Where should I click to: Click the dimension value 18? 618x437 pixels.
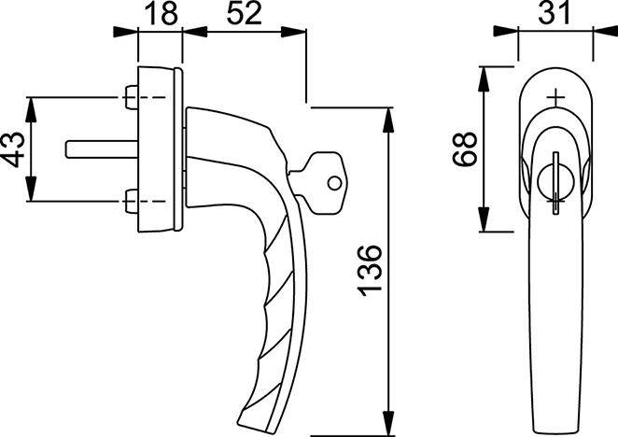[x=160, y=15]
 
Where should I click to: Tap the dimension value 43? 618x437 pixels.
[x=11, y=148]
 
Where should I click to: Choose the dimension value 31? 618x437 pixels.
[x=555, y=15]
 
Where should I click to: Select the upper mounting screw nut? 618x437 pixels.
[x=131, y=96]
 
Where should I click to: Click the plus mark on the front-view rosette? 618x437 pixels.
[x=556, y=96]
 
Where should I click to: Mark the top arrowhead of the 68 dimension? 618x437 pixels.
[x=485, y=74]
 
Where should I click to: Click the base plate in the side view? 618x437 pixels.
[x=160, y=148]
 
